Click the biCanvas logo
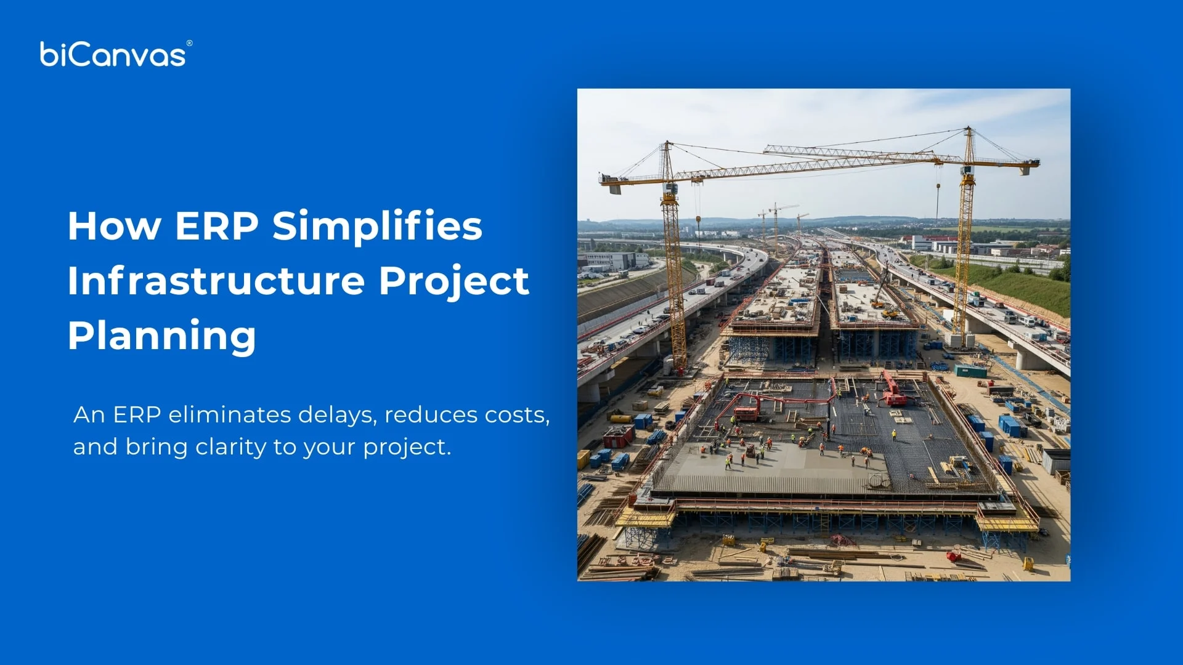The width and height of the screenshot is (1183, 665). pos(113,54)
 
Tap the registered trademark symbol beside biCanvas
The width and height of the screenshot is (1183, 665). pos(189,43)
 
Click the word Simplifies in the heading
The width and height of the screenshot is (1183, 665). pos(377,226)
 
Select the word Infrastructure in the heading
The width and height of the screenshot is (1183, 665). pos(217,281)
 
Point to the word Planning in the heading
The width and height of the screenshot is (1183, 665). pos(161,336)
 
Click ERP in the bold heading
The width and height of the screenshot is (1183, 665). pos(216,226)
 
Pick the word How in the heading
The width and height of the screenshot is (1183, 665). pos(115,226)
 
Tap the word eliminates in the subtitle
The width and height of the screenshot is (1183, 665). pos(229,415)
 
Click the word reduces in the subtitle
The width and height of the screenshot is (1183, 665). pos(431,415)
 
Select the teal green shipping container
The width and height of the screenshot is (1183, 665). pos(970,371)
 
